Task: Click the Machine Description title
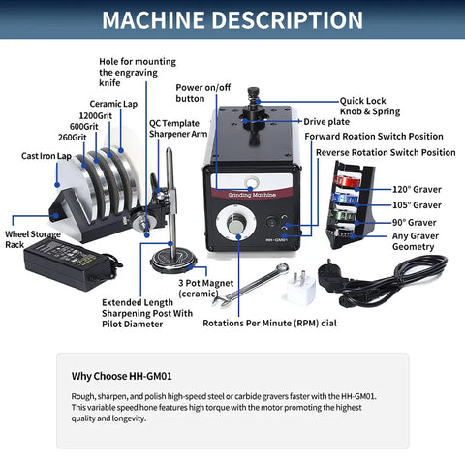tap(232, 20)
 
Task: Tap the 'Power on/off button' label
tap(204, 92)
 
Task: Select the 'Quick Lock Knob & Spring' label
tap(383, 106)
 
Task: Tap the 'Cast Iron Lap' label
tap(46, 155)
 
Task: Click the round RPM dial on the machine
tap(237, 226)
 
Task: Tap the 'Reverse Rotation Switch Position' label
tap(386, 152)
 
